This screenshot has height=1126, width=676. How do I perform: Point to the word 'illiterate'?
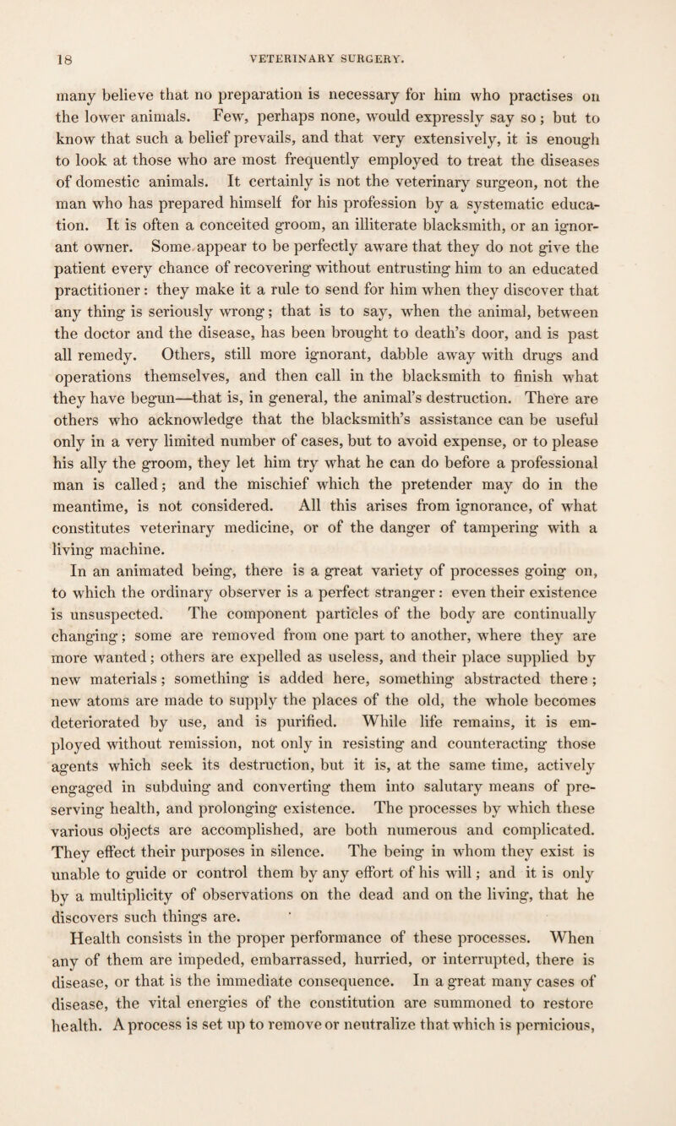(388, 225)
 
